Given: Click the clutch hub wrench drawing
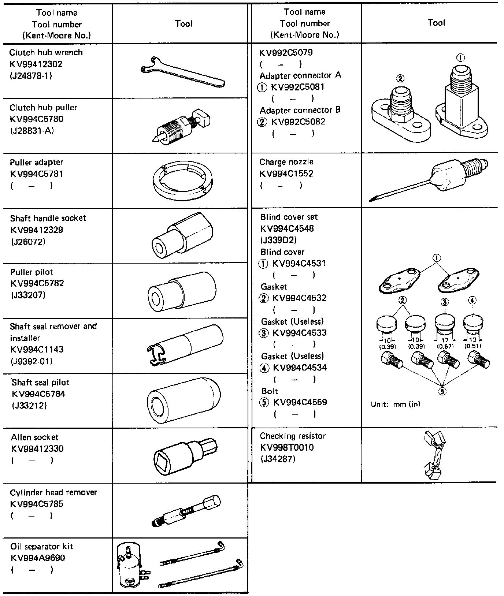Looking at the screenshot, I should coord(182,71).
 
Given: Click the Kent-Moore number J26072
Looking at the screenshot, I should coord(28,242).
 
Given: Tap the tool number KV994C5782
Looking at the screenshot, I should coord(37,283).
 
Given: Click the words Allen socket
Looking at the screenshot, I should coord(35,437).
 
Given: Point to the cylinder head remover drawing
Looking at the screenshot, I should coord(186,511).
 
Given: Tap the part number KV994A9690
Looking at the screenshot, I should coord(38,558).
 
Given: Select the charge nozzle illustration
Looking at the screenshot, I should coord(428,179).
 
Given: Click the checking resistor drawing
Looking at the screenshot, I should coord(434,455).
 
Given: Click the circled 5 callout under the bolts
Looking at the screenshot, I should coord(442,391).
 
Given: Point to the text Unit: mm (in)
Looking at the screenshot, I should coord(396,404).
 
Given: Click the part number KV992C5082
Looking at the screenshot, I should coord(298,122).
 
